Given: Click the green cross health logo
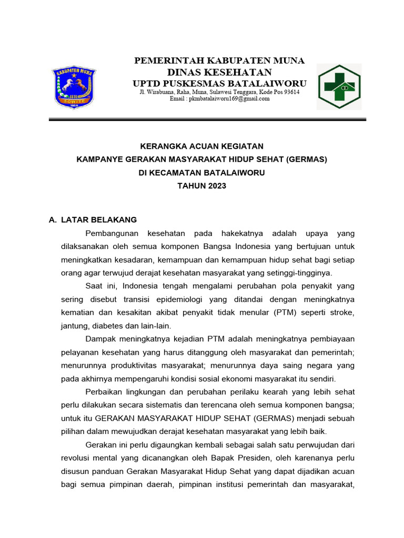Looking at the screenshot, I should click(339, 87).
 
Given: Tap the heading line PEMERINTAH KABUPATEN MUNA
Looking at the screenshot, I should click(219, 61).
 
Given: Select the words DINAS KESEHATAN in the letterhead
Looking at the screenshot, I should click(219, 73).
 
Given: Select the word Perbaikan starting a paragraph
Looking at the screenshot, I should click(103, 392).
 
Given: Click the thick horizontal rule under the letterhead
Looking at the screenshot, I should click(207, 120).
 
